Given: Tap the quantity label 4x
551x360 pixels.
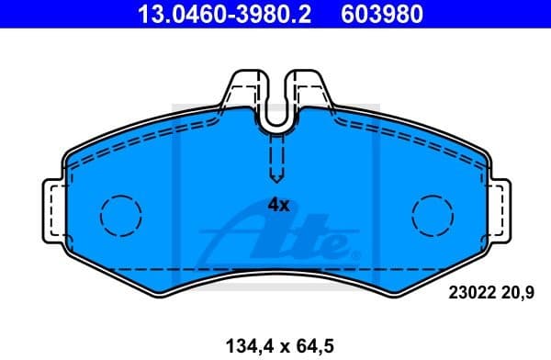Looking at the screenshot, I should click(x=278, y=206).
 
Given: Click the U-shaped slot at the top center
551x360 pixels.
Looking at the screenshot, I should click(x=275, y=110).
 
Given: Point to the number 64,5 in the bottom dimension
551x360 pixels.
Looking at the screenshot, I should click(x=312, y=346).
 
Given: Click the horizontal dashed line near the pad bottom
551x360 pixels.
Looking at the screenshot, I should click(x=275, y=267).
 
